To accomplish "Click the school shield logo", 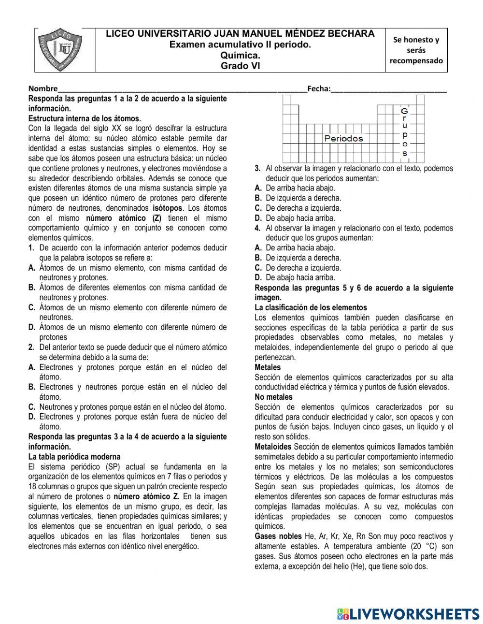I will [x=65, y=49].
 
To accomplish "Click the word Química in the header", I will [x=240, y=56].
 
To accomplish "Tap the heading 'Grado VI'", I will [x=240, y=66].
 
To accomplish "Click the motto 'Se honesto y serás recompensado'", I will [x=416, y=50].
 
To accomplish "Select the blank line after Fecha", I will [x=389, y=89].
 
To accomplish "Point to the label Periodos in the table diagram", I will [x=343, y=139].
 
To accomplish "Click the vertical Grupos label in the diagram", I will [x=405, y=132].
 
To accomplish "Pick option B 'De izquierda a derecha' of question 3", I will [x=302, y=198].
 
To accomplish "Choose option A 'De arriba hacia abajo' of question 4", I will [x=299, y=248].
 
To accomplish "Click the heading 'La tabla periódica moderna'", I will [x=74, y=457].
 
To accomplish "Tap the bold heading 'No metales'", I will [x=273, y=397].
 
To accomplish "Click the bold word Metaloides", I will [x=273, y=447].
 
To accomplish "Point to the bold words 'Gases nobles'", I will [x=278, y=537].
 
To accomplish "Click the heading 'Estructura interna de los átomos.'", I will [x=85, y=118].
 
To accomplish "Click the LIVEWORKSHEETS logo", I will [x=409, y=613].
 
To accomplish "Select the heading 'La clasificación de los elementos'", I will [x=311, y=307].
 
